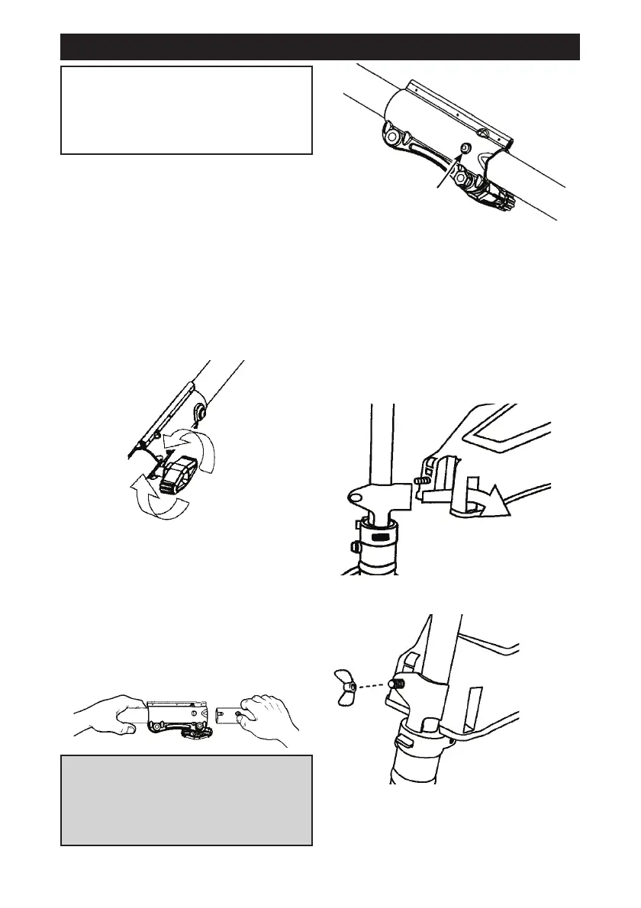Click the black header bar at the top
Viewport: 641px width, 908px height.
pyautogui.click(x=320, y=47)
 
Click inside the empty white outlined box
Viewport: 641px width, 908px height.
pyautogui.click(x=186, y=110)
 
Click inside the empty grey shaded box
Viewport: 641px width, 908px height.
pyautogui.click(x=186, y=800)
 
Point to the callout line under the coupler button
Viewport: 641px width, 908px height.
pyautogui.click(x=446, y=171)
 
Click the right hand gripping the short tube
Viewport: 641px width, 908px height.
pyautogui.click(x=268, y=718)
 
